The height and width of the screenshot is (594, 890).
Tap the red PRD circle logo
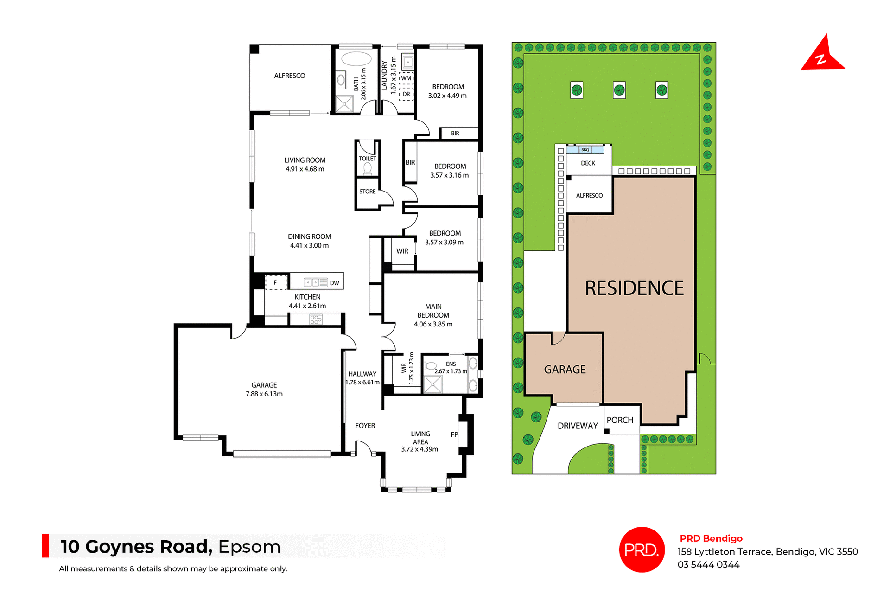(642, 549)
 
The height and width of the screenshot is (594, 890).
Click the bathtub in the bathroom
(356, 59)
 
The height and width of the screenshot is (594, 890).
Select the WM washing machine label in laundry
(406, 78)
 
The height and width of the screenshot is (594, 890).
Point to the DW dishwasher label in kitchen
(334, 283)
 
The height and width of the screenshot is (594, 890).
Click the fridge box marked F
(275, 282)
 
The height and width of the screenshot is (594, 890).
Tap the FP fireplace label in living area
(454, 434)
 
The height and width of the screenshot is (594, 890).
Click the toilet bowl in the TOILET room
(368, 168)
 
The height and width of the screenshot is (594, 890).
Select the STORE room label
(367, 192)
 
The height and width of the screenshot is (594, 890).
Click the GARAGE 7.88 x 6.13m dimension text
(264, 394)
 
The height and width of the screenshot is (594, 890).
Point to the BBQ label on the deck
(585, 150)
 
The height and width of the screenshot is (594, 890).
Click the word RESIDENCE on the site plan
(634, 288)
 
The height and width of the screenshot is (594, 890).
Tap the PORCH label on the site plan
(620, 420)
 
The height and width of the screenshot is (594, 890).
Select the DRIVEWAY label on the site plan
(578, 426)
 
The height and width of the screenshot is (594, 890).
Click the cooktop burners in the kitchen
(316, 319)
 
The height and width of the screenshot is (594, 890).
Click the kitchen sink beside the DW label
(311, 282)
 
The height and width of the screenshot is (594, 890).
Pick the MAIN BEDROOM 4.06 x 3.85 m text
(433, 315)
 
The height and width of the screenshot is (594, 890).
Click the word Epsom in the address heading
(249, 547)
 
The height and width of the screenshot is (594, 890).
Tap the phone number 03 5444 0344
(708, 564)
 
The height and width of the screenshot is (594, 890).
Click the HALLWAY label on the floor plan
(362, 374)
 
